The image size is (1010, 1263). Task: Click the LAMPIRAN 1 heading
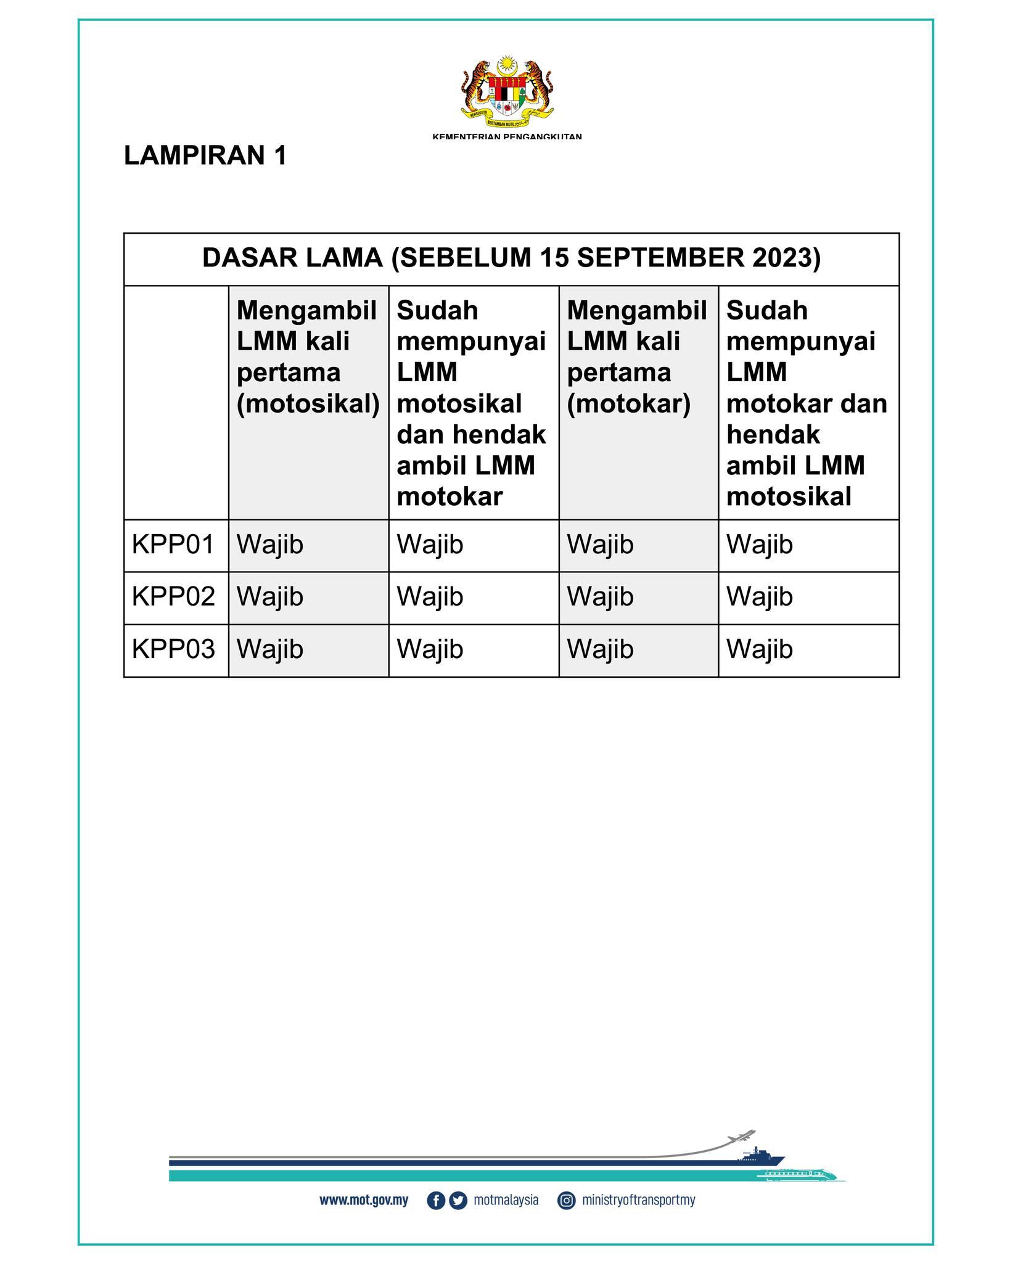pyautogui.click(x=205, y=156)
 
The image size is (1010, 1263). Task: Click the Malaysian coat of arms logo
pyautogui.click(x=507, y=89)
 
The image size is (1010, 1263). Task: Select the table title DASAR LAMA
pyautogui.click(x=511, y=258)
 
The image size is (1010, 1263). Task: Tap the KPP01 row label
pyautogui.click(x=173, y=545)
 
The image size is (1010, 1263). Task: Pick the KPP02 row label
pyautogui.click(x=173, y=597)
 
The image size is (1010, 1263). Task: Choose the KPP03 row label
pyautogui.click(x=173, y=649)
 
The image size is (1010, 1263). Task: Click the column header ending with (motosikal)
pyautogui.click(x=308, y=357)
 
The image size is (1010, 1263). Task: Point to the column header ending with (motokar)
pyautogui.click(x=637, y=357)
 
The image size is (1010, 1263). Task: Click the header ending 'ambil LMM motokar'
pyautogui.click(x=471, y=403)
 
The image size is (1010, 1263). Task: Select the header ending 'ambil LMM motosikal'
pyautogui.click(x=807, y=403)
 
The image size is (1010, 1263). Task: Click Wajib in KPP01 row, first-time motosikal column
pyautogui.click(x=270, y=545)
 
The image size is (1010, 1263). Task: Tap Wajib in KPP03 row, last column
pyautogui.click(x=759, y=649)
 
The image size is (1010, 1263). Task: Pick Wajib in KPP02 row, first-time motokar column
pyautogui.click(x=600, y=597)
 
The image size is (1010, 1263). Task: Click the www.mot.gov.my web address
pyautogui.click(x=364, y=1200)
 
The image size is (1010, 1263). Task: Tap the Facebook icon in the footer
pyautogui.click(x=435, y=1201)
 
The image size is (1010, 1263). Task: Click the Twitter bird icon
pyautogui.click(x=458, y=1201)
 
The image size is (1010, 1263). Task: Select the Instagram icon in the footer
pyautogui.click(x=566, y=1201)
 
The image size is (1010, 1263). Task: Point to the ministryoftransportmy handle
pyautogui.click(x=638, y=1200)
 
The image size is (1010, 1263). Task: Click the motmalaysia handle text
pyautogui.click(x=506, y=1200)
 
